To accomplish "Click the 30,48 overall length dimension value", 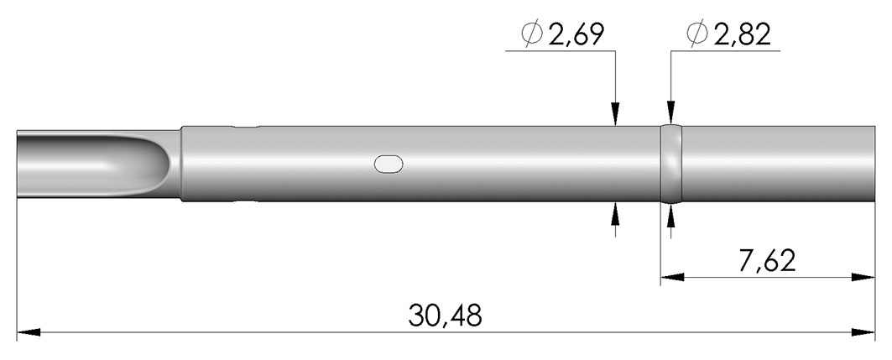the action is click(445, 315).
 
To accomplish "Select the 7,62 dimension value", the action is click(768, 260).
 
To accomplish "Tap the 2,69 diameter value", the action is click(576, 35).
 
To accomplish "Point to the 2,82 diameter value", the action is click(743, 35).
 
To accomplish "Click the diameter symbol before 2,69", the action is click(531, 34).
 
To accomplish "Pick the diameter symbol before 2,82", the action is click(697, 34).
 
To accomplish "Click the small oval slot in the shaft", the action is click(389, 164).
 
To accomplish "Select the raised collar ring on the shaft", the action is click(670, 164).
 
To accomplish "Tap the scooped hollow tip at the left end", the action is click(94, 165).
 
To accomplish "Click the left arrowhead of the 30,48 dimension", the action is click(29, 332).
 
